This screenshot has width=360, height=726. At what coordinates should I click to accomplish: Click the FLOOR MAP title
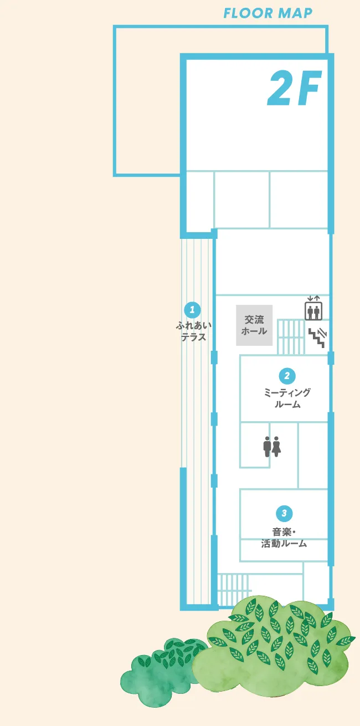268,13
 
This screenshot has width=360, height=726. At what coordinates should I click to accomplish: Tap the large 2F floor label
295,88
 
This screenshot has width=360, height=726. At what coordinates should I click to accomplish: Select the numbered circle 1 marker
193,310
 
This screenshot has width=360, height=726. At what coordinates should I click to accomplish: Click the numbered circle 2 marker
287,376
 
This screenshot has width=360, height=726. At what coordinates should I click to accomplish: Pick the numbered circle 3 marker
284,513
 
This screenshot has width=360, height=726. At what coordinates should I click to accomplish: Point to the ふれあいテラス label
193,331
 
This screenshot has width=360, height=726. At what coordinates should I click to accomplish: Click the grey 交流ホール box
254,325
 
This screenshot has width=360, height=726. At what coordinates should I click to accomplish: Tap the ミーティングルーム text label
287,398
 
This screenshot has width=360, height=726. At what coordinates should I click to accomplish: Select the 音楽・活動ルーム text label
284,538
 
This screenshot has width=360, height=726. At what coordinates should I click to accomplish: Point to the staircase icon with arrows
317,338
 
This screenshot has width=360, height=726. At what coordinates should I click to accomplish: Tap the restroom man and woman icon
272,447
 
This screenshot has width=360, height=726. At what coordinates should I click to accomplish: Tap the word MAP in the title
295,13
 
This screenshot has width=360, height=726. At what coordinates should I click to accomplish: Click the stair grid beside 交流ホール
291,337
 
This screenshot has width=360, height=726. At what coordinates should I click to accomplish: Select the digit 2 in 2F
281,88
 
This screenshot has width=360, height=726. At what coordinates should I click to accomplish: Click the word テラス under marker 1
193,337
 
